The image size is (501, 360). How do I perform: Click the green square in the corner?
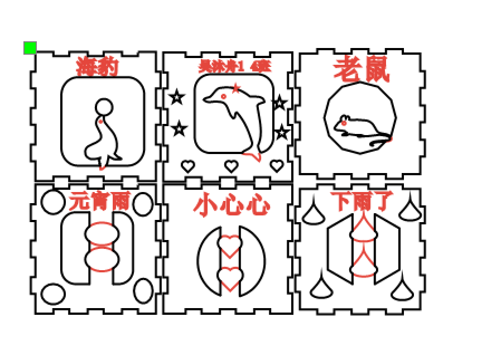click(30, 48)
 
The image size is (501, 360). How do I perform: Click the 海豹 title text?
click(97, 66)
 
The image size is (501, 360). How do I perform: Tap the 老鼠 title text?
click(361, 70)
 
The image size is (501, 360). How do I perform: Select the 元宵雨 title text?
click(99, 201)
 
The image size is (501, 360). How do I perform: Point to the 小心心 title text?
click(232, 205)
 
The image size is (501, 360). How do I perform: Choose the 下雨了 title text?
click(362, 201)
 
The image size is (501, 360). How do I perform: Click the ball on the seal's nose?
click(104, 107)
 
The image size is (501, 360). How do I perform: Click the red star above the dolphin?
click(236, 88)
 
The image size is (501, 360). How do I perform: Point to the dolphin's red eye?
click(224, 97)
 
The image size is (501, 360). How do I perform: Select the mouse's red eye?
click(344, 122)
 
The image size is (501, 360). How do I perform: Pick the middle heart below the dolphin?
click(231, 166)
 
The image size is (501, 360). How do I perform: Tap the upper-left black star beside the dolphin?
click(177, 98)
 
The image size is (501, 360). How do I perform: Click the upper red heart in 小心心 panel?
click(229, 244)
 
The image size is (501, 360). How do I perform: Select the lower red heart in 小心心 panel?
click(229, 277)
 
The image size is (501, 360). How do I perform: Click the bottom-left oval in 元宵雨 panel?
click(54, 294)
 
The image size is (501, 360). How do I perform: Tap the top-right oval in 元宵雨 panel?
click(143, 204)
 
